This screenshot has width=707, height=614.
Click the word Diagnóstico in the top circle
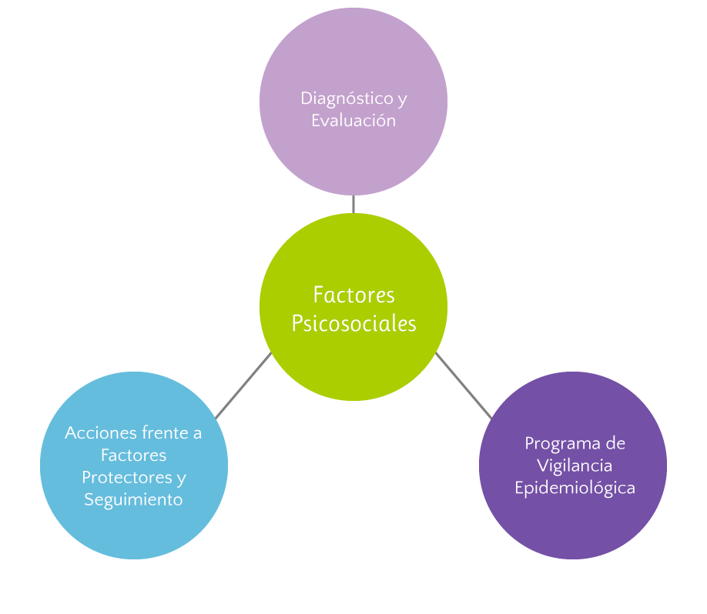[345, 99]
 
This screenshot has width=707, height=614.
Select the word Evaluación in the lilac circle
[353, 121]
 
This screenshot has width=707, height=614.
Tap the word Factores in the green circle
[353, 295]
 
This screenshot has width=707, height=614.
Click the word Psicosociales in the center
[353, 324]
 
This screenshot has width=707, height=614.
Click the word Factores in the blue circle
[133, 455]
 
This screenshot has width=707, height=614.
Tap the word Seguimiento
[133, 499]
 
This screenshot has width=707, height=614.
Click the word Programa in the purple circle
[556, 444]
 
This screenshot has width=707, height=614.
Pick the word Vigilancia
[575, 466]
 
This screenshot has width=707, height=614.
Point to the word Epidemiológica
[575, 488]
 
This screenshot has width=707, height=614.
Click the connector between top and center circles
[353, 204]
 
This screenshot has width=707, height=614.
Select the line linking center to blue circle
[243, 385]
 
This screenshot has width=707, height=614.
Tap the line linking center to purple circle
[464, 385]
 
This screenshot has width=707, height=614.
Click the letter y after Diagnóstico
[401, 100]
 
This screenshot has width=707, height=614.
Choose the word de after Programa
[615, 444]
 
